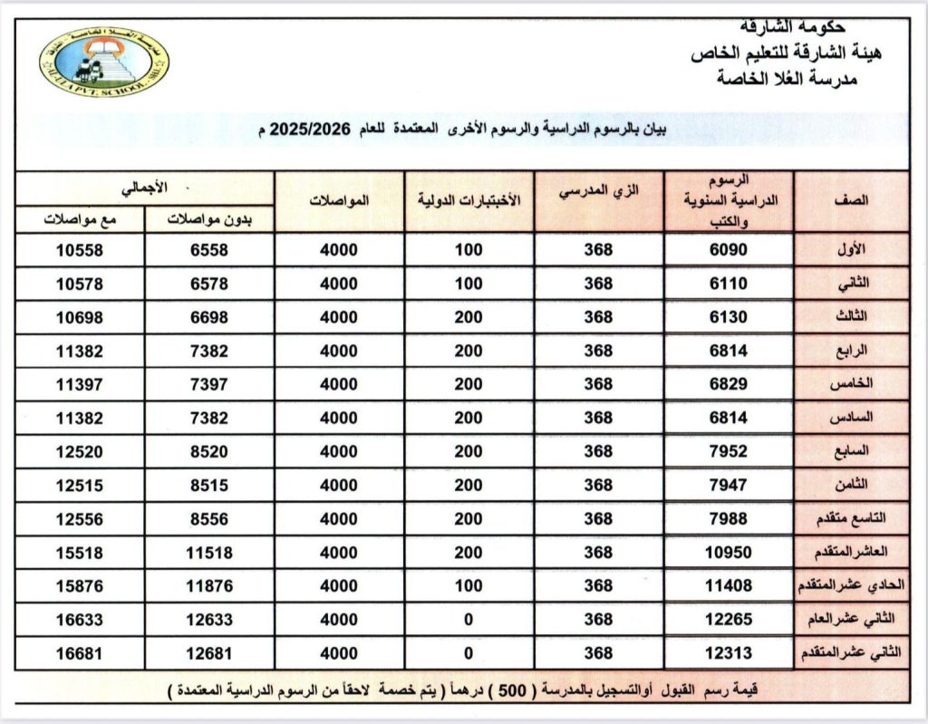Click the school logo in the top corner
[104, 63]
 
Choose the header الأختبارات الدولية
[469, 200]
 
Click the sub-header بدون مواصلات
[209, 219]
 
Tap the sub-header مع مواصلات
[81, 219]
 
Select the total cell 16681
[80, 653]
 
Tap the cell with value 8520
[209, 451]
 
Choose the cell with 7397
[209, 384]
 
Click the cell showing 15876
[80, 586]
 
